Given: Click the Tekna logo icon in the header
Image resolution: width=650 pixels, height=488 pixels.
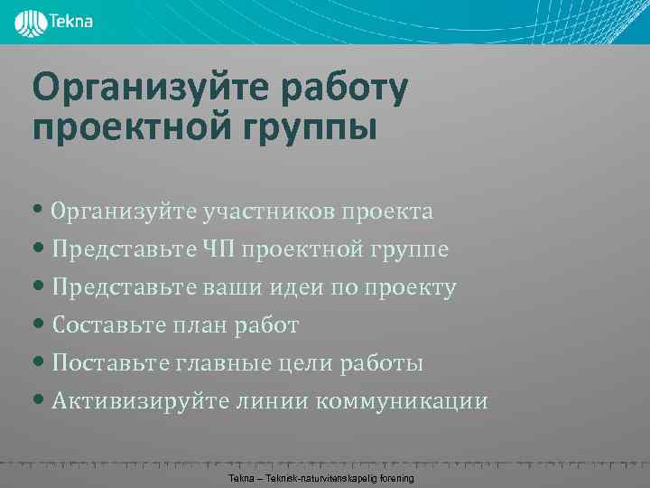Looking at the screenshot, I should click(x=30, y=22).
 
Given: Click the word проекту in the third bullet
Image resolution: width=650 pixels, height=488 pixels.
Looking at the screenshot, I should click(x=410, y=287).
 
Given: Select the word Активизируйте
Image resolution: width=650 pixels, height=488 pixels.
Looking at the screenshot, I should click(x=135, y=401).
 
